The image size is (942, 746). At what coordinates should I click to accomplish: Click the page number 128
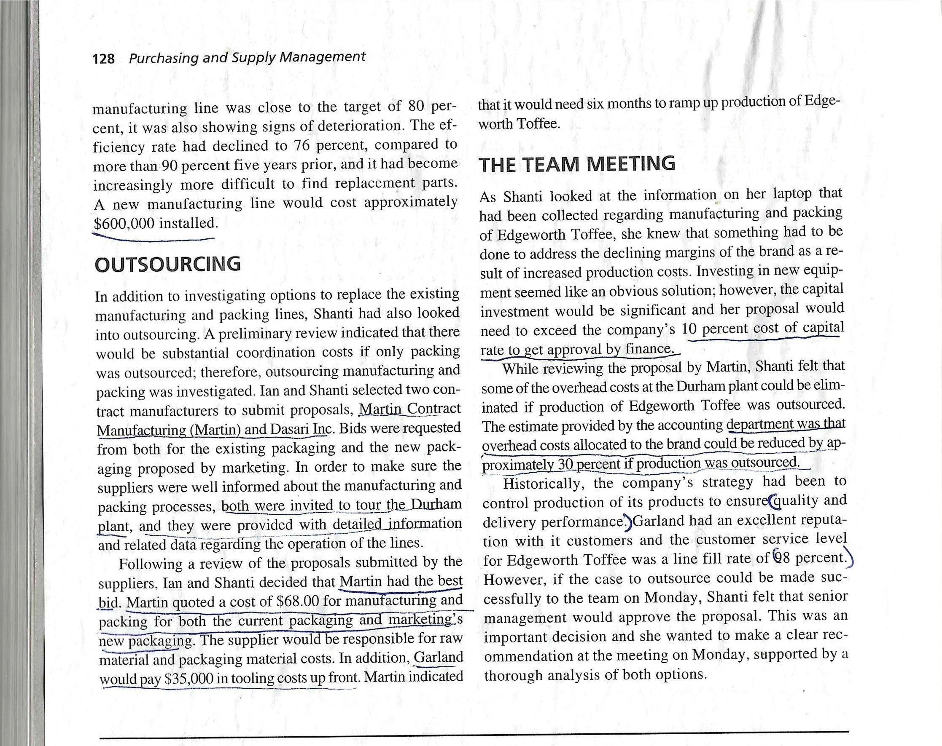(104, 59)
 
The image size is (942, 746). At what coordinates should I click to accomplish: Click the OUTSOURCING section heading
(167, 265)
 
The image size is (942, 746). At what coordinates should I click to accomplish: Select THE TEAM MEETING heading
(577, 164)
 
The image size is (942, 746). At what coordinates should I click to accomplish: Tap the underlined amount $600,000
(124, 224)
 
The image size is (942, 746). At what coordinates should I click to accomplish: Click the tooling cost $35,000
(188, 679)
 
